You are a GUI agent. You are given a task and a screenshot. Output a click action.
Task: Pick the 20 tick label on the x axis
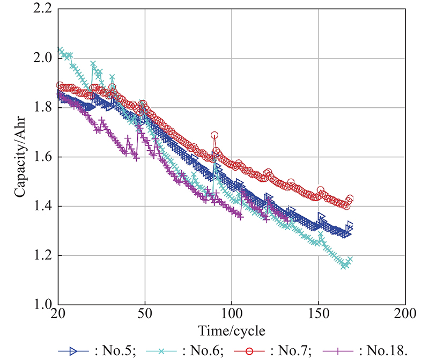[x=57, y=313]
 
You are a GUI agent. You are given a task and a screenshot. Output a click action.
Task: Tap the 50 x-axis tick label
[x=145, y=313]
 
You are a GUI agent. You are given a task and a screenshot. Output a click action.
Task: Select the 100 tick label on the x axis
[x=232, y=313]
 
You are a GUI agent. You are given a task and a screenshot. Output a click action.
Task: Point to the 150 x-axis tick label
[x=319, y=313]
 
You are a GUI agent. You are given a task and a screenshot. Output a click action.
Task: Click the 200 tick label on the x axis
[x=405, y=313]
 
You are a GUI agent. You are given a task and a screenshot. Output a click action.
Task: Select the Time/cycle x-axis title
[x=231, y=329]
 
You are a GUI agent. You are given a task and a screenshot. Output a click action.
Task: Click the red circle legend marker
[x=254, y=350]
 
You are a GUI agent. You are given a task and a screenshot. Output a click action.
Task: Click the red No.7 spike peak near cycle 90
[x=215, y=135]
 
